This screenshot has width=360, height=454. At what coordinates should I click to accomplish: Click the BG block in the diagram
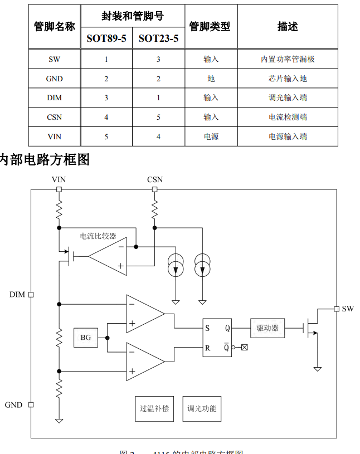pos(85,338)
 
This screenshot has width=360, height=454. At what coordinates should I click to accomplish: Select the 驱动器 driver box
pos(267,328)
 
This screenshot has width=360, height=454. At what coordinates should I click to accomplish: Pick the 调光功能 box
pos(202,408)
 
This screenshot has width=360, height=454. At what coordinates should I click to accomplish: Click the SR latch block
pos(217,338)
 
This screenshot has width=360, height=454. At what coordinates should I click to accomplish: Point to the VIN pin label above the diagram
pos(59,179)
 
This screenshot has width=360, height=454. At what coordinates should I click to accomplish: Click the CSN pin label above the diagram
pos(155,179)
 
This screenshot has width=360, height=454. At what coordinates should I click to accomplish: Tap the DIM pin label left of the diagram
pos(17,294)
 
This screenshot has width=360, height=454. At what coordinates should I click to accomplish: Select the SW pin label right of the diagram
pos(348,309)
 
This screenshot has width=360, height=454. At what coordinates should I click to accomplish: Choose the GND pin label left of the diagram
pos(14,405)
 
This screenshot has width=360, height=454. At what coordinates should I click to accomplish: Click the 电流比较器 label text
pos(98,236)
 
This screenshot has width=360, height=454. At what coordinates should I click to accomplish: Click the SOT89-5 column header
pos(106,38)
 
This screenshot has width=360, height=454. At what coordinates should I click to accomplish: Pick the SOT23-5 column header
pos(158,38)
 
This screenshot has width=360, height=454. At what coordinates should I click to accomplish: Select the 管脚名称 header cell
pos(54,27)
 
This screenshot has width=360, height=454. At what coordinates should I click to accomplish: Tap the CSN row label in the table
pos(54,117)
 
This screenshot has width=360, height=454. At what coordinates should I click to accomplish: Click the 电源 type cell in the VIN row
pos(211,136)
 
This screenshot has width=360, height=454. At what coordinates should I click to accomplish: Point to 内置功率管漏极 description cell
pos(288,59)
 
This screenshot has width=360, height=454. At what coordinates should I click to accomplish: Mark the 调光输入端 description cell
pos(288,97)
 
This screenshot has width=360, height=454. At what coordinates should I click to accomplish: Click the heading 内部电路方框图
pos(45,160)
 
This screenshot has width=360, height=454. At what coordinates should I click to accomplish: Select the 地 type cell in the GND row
pos(211,79)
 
